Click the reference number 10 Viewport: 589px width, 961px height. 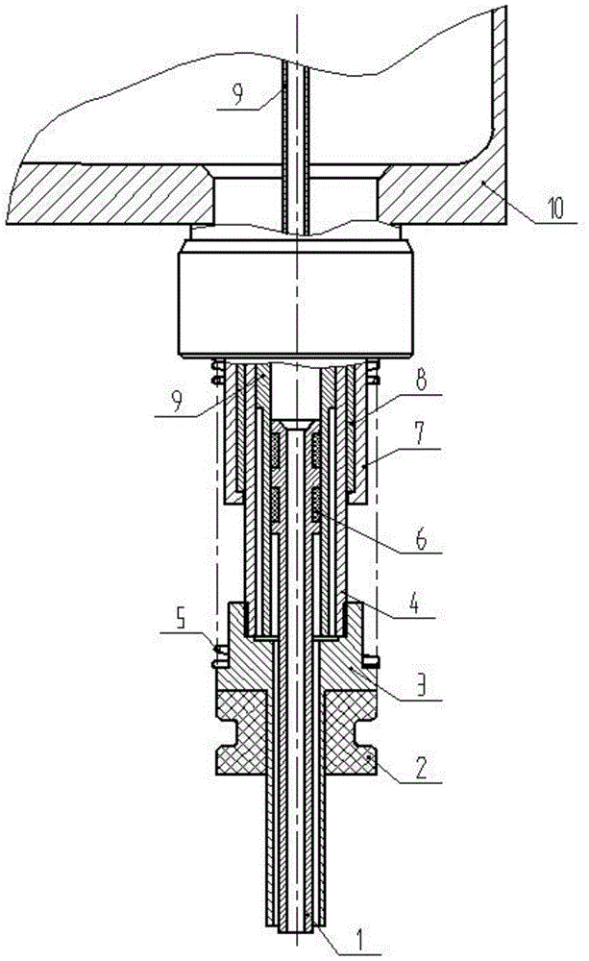[x=555, y=209]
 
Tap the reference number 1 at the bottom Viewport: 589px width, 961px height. [x=359, y=940]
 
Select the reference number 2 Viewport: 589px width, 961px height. [x=422, y=768]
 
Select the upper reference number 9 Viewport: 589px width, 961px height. [x=176, y=402]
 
